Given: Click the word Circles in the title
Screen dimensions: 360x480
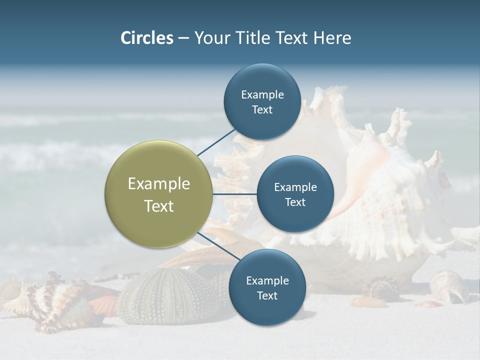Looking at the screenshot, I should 147,38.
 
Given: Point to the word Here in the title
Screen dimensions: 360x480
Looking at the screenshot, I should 332,38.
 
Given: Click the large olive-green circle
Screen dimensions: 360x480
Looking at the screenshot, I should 158,194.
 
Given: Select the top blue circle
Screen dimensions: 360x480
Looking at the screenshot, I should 262,101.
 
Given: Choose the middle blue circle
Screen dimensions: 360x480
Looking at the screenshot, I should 295,194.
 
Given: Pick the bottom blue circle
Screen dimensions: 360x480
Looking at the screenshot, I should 267,287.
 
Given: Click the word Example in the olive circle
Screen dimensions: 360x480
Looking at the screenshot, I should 158,183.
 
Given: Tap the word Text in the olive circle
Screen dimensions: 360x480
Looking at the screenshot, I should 158,206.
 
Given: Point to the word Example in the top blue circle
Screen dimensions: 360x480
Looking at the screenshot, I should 262,94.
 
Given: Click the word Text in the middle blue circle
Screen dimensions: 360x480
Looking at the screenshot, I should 295,202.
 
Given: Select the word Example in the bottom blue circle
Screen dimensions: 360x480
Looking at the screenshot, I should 267,280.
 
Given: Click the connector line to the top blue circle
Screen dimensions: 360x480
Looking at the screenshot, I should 216,142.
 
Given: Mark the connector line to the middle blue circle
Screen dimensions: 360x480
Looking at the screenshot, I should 234,194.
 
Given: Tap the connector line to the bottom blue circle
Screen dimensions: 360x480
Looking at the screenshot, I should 218,246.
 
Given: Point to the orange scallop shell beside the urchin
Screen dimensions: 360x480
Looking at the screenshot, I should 104,305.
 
